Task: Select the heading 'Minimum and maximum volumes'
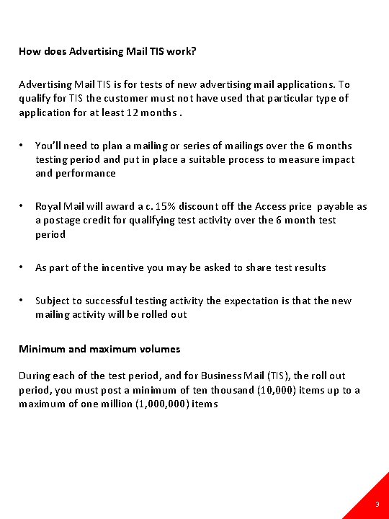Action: tap(99, 349)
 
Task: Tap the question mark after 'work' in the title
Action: tap(194, 51)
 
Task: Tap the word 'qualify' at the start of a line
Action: tap(35, 98)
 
